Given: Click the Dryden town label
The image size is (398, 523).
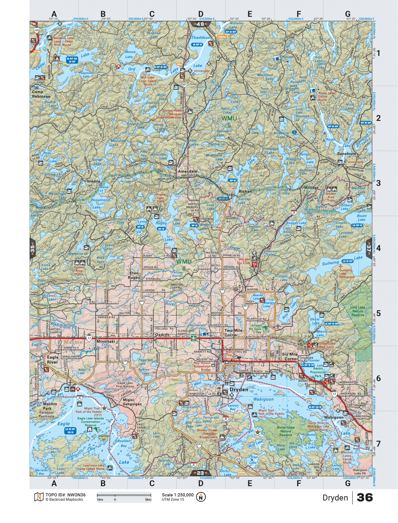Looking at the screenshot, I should pyautogui.click(x=239, y=390).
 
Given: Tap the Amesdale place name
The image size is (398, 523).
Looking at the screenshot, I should pyautogui.click(x=187, y=171).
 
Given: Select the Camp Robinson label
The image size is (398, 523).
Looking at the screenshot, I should pyautogui.click(x=41, y=94).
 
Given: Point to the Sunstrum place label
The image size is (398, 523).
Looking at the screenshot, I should pyautogui.click(x=346, y=153).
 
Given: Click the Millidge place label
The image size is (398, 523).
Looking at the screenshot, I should pyautogui.click(x=311, y=188).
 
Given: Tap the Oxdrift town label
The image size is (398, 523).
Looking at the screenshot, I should pyautogui.click(x=162, y=335).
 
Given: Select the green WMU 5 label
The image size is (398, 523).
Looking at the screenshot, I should pyautogui.click(x=229, y=121).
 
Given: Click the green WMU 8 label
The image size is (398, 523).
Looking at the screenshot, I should pyautogui.click(x=184, y=265).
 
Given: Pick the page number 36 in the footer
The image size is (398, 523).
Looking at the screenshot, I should pyautogui.click(x=365, y=497).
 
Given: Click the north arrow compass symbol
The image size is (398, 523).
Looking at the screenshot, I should pyautogui.click(x=201, y=497).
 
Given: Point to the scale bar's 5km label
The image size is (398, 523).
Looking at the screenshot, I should pyautogui.click(x=148, y=500).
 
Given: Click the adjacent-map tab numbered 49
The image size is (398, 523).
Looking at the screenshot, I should pyautogui.click(x=200, y=24).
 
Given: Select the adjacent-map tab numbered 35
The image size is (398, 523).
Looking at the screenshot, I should pyautogui.click(x=32, y=249).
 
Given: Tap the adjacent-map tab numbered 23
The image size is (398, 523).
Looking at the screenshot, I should pyautogui.click(x=200, y=473).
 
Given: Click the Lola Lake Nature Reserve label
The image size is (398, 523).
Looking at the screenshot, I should pyautogui.click(x=357, y=311).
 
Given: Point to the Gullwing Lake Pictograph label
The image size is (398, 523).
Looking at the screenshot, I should pyautogui.click(x=347, y=273).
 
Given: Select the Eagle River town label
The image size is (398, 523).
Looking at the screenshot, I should pyautogui.click(x=52, y=360).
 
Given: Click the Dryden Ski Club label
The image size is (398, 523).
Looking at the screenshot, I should pyautogui.click(x=244, y=261).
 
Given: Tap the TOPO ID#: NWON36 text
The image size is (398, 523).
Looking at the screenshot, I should pyautogui.click(x=65, y=495).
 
